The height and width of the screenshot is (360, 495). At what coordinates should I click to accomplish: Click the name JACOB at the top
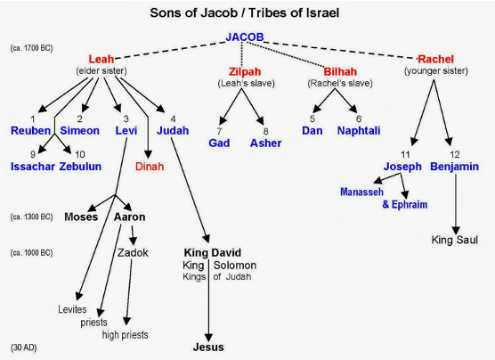(245, 37)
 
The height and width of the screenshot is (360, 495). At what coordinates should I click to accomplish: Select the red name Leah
(101, 59)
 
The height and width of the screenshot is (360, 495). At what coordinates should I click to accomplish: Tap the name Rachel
(435, 59)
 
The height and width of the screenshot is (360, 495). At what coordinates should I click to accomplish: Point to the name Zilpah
(245, 72)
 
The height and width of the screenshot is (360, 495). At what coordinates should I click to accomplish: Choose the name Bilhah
(340, 72)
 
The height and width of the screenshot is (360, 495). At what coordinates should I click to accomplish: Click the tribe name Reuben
(30, 130)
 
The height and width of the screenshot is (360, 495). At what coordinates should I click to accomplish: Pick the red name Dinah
(150, 167)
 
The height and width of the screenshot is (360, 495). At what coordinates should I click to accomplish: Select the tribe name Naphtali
(359, 130)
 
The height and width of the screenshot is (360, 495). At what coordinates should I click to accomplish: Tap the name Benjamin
(455, 167)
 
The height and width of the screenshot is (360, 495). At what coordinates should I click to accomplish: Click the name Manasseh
(361, 192)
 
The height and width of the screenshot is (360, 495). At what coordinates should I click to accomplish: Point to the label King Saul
(455, 240)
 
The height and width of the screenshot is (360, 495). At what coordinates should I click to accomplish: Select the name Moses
(81, 217)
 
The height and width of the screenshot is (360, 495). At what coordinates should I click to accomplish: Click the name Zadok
(133, 252)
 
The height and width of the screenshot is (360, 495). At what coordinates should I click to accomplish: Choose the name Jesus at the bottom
(208, 347)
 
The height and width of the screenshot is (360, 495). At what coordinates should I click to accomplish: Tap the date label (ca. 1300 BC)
(31, 217)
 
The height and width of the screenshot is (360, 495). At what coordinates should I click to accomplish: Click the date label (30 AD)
(24, 348)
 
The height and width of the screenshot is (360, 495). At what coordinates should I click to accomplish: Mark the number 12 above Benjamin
(455, 154)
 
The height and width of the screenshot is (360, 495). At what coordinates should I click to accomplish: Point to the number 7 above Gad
(219, 131)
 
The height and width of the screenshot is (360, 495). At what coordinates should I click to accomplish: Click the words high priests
(125, 335)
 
